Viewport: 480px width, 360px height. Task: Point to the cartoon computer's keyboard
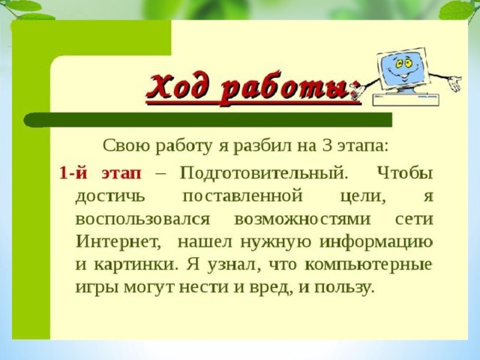406,100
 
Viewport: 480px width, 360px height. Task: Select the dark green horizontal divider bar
208,119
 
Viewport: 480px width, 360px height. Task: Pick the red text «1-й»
73,173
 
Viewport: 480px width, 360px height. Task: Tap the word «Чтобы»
405,173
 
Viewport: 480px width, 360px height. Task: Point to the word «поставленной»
242,196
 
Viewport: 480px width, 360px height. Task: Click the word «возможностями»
302,220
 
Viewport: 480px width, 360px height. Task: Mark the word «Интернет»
118,241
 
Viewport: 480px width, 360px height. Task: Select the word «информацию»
376,243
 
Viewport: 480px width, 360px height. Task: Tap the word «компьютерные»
368,265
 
